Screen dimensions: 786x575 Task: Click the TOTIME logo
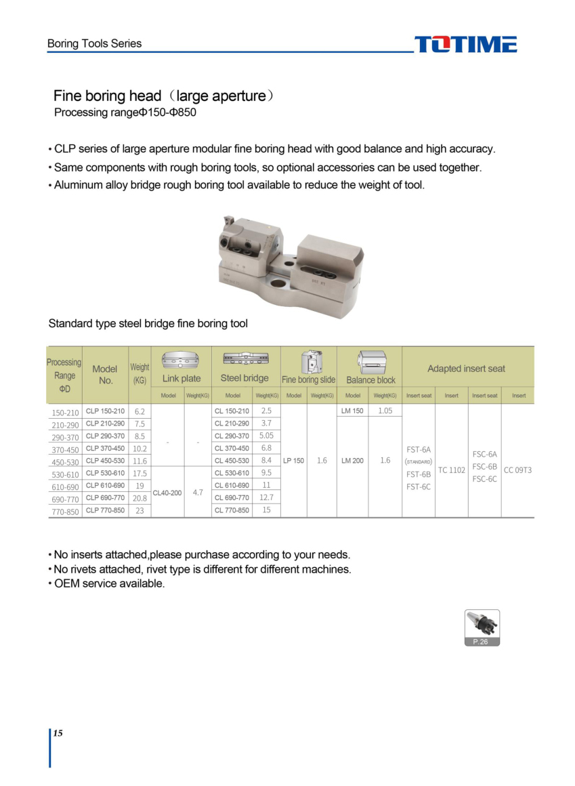coord(466,45)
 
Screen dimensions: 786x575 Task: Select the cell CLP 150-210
coord(106,411)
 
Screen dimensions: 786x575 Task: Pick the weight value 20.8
coord(140,498)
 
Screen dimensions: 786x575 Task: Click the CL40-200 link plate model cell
coord(167,493)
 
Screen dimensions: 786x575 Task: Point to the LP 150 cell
coord(293,461)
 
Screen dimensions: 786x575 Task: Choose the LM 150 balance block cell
coord(353,411)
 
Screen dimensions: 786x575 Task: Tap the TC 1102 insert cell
coord(451,470)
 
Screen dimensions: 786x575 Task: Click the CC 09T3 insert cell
coord(518,470)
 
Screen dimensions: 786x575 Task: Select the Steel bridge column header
coord(244,378)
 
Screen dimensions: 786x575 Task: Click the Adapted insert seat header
coord(466,369)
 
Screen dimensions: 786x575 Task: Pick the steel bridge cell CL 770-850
coord(232,510)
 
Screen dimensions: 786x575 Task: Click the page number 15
coord(58,734)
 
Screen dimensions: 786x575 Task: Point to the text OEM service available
coord(109,583)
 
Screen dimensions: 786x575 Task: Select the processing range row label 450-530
coord(66,461)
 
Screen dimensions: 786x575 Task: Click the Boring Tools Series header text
coord(95,43)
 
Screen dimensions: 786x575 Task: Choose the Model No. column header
coord(105,375)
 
